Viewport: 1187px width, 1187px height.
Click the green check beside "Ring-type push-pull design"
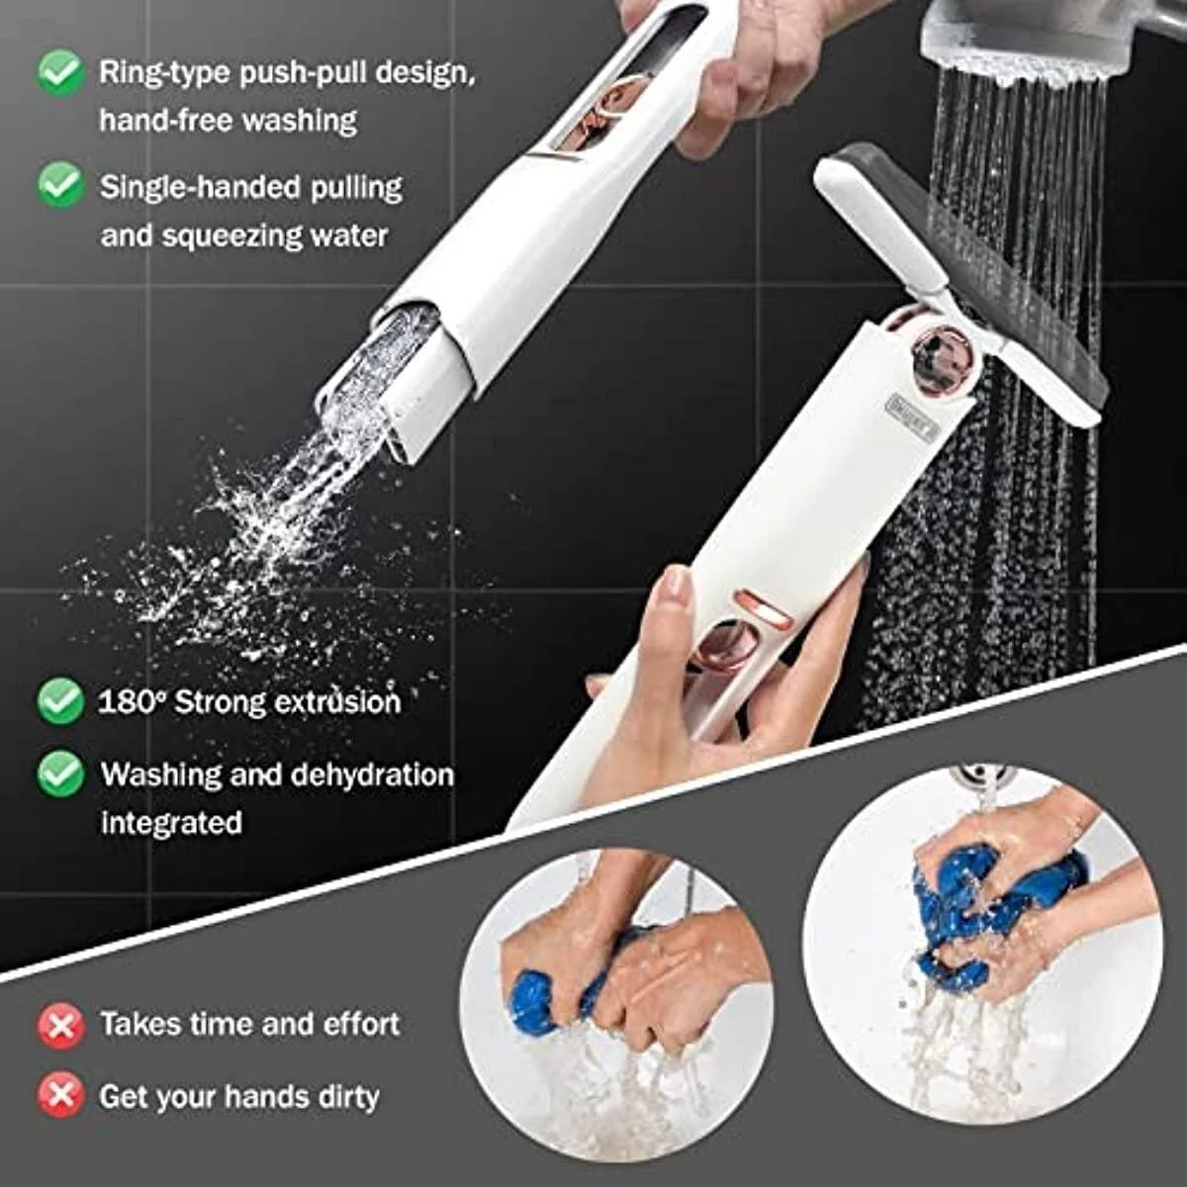[61, 73]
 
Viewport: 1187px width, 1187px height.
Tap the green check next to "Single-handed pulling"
[61, 185]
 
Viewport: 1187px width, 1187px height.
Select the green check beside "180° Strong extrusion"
[61, 700]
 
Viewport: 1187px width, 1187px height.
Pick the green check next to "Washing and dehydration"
[61, 773]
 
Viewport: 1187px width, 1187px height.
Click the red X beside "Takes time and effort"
[61, 1025]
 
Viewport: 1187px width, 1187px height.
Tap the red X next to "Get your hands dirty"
[61, 1095]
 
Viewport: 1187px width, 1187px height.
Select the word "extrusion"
[337, 702]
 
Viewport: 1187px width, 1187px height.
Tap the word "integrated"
[171, 823]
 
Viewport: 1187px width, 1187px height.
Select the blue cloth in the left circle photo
[554, 994]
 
